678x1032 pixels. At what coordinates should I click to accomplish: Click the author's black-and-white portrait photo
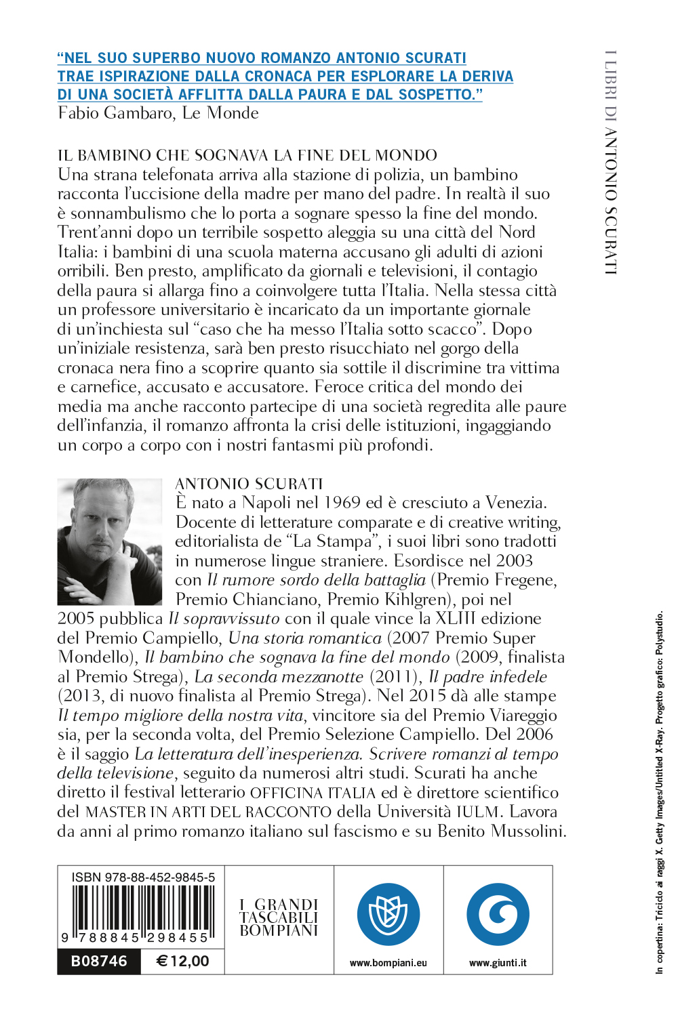(110, 541)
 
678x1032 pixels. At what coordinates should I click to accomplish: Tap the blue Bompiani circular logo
(388, 914)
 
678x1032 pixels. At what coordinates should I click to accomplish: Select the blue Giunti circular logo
(498, 914)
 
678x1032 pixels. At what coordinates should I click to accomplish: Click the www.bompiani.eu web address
(388, 963)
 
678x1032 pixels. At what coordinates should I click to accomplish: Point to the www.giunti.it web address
(498, 963)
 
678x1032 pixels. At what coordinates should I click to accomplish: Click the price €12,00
(182, 962)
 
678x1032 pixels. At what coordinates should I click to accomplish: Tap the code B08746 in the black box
(99, 962)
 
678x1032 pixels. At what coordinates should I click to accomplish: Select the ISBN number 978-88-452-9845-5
(143, 878)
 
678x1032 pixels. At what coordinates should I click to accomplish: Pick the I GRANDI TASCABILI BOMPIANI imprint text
(279, 917)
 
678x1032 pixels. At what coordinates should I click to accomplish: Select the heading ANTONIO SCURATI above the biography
(249, 484)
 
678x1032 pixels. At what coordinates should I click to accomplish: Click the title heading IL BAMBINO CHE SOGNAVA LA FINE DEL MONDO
(247, 155)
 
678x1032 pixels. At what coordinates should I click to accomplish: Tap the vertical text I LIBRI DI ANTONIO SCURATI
(611, 163)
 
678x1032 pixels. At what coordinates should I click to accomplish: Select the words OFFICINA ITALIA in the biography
(313, 793)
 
